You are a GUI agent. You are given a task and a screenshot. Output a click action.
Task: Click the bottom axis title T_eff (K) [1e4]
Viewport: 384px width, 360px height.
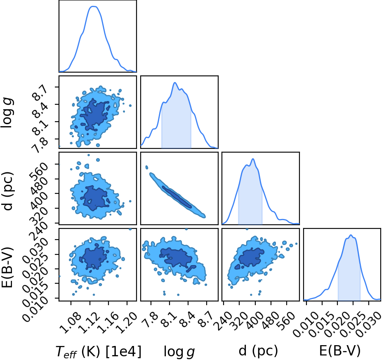pos(99,351)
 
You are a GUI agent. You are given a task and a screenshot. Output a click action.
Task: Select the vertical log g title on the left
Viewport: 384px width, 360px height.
pos(7,113)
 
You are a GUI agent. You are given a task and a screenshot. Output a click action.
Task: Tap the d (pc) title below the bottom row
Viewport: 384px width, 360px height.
pos(258,351)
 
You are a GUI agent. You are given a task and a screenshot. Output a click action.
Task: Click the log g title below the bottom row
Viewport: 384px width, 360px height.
pos(179,352)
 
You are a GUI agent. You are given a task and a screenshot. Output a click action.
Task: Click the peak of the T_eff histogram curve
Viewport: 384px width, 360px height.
pos(93,7)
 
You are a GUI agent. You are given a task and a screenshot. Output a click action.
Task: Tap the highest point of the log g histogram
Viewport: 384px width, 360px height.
pos(175,83)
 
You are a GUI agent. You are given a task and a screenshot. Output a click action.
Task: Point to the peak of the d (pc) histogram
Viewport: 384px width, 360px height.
pos(253,159)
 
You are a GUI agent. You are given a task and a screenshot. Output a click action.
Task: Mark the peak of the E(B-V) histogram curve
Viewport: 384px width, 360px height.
pos(351,235)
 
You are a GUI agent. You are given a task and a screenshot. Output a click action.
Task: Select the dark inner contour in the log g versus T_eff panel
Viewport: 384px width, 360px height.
pos(95,114)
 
